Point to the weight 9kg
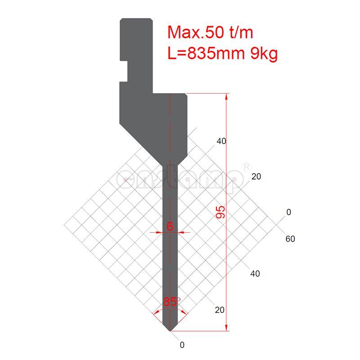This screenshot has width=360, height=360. tap(263, 54)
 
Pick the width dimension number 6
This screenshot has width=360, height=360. tap(170, 226)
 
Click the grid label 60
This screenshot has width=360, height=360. tap(290, 239)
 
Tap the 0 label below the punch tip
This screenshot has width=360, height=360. tap(182, 345)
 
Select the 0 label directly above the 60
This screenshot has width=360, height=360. tap(289, 212)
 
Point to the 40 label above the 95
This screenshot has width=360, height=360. tap(221, 141)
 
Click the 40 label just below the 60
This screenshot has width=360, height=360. tap(255, 274)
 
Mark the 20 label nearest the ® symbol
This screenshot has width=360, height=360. tap(256, 177)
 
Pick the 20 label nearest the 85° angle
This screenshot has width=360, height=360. tap(220, 310)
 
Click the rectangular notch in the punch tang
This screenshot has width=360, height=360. tap(123, 71)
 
